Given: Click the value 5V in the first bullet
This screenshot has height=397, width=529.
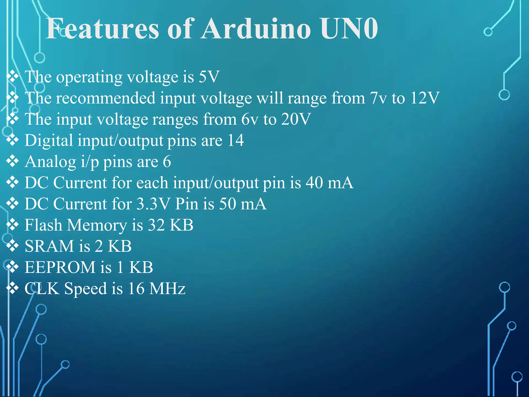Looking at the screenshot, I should [x=209, y=77].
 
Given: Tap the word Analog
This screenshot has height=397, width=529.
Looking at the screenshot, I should [x=50, y=162].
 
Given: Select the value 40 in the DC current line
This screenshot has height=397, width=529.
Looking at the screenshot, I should [x=314, y=183].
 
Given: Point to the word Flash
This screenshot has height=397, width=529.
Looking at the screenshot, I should [x=43, y=225].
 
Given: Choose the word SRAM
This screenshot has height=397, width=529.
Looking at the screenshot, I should [x=49, y=246].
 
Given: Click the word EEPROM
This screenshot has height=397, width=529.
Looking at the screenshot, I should [x=60, y=267].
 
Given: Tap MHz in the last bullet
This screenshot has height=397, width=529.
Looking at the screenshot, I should [x=167, y=288].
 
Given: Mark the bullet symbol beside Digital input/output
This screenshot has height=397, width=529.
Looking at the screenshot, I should [x=12, y=140].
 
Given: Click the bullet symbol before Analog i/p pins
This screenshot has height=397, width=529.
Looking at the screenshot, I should [x=12, y=162].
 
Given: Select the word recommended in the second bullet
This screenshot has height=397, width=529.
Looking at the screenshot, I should [x=106, y=98].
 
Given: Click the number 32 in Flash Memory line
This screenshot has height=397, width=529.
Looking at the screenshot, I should [x=156, y=225].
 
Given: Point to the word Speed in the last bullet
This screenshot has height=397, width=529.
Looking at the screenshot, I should [x=85, y=289].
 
